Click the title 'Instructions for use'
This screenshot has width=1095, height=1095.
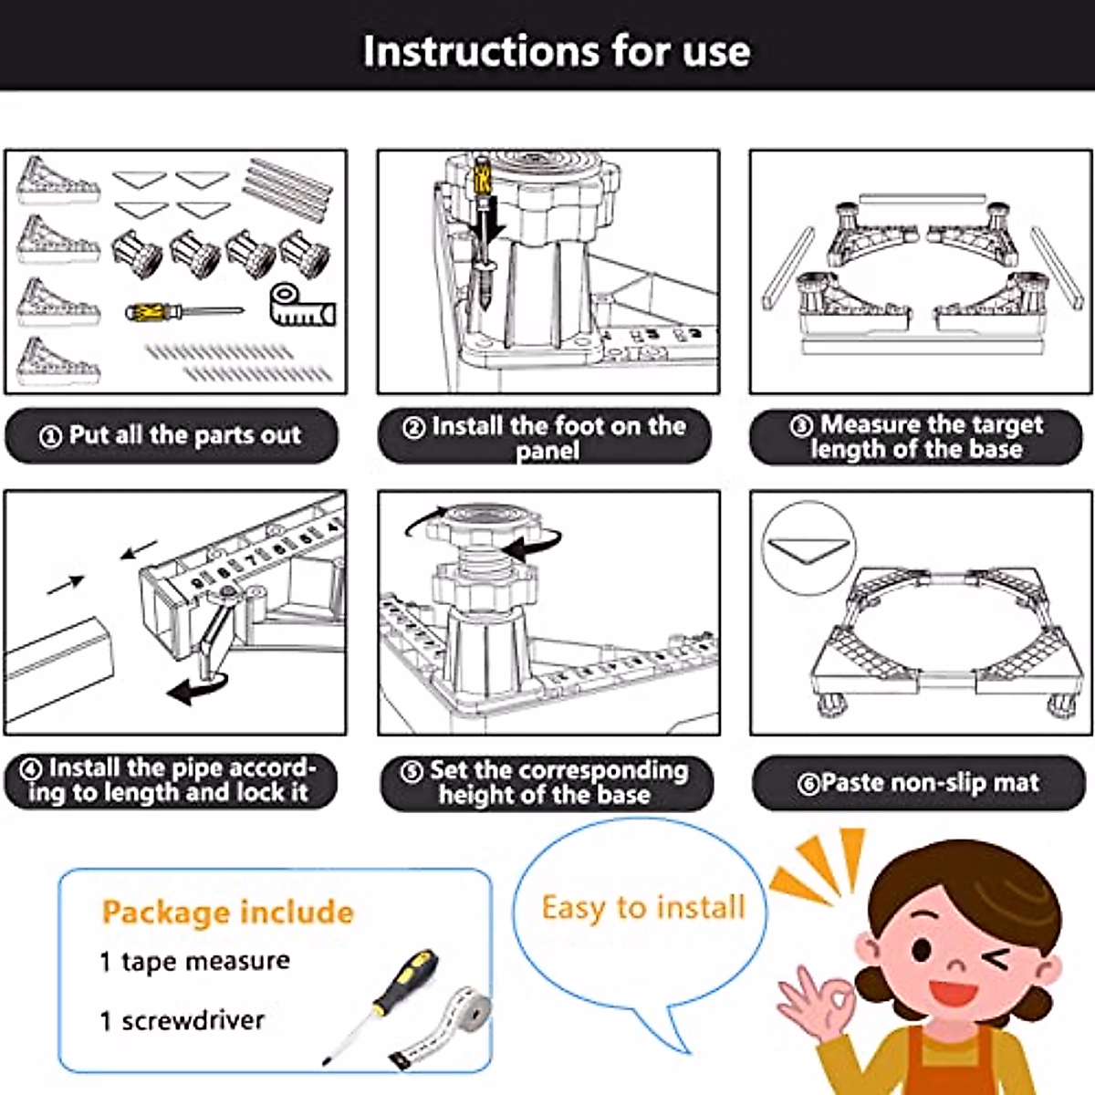[557, 51]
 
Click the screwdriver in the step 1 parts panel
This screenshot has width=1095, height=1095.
[184, 311]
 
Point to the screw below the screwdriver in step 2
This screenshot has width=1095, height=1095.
[485, 284]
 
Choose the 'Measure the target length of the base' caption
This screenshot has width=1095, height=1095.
[916, 436]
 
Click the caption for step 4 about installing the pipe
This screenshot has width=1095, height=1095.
[170, 780]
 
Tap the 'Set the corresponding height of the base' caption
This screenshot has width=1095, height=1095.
[545, 782]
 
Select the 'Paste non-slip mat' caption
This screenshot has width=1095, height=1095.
[918, 783]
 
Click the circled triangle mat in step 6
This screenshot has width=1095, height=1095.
[808, 549]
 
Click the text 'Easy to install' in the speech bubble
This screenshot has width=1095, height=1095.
[642, 907]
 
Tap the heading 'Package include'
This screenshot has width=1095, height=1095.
[228, 912]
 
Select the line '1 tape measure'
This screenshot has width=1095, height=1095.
[195, 962]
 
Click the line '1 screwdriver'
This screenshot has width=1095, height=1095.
[182, 1020]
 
